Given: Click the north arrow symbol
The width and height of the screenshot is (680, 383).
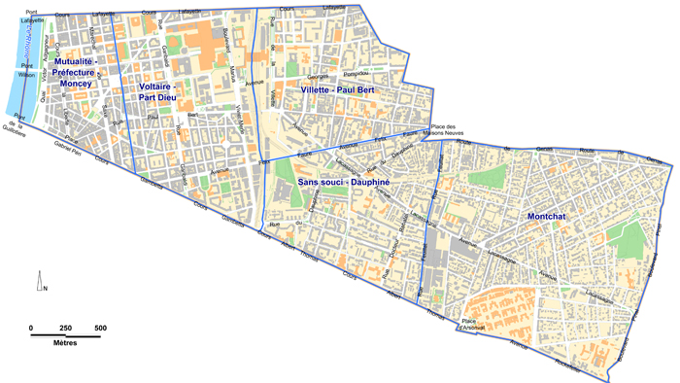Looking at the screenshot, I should (x=40, y=282).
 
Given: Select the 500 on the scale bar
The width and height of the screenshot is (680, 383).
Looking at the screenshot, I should (x=100, y=327).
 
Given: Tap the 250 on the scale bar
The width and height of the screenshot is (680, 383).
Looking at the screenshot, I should (x=65, y=327).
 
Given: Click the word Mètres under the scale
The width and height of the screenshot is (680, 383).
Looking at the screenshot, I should (x=66, y=345).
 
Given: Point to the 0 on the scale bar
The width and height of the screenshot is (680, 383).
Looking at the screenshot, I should (x=31, y=327).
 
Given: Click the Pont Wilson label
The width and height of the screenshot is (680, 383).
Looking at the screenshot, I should (x=26, y=70).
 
